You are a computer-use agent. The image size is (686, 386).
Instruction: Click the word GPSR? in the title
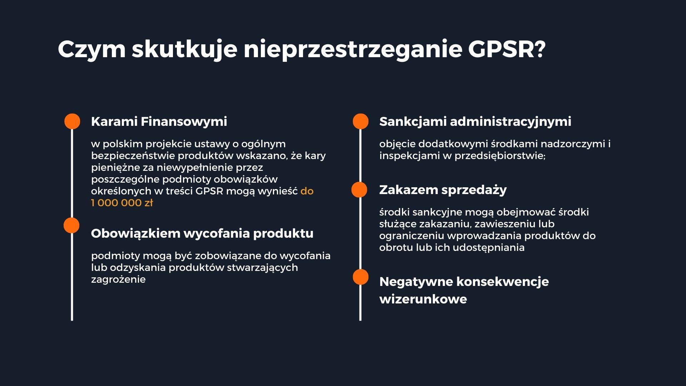coord(507,49)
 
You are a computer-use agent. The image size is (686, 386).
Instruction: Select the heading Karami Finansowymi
coord(159,122)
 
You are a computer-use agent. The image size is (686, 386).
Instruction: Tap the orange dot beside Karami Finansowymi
coord(72,122)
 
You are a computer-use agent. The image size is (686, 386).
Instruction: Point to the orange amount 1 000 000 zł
coord(122,203)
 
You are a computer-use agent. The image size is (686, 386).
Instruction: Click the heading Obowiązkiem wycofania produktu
coord(202,233)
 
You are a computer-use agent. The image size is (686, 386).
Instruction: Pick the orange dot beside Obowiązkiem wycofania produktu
coord(71,226)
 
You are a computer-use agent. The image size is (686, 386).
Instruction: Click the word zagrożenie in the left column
coord(118,279)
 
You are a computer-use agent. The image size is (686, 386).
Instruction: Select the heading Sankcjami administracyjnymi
coord(475,122)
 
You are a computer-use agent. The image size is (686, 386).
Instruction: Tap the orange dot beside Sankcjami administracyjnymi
coord(361,122)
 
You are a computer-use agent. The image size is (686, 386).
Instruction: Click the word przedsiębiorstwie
coord(500,156)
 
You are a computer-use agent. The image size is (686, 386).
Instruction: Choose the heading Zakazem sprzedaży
coord(443,190)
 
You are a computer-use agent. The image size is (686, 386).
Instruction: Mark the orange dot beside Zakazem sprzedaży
coord(359,190)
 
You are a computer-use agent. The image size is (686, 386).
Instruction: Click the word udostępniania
coord(488,248)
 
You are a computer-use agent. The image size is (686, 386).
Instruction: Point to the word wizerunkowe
coord(423,299)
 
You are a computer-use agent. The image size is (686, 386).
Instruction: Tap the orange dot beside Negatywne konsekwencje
coord(361,277)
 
